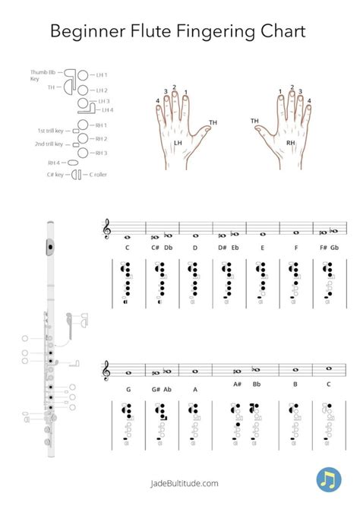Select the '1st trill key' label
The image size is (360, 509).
click(x=52, y=131)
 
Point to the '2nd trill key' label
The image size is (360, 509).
click(x=51, y=144)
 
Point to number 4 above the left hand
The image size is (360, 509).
click(x=158, y=100)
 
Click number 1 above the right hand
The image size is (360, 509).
click(x=279, y=92)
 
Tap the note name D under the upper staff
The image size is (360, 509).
click(x=195, y=248)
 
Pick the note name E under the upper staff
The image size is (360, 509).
click(x=262, y=248)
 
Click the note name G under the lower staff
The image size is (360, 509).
click(x=128, y=389)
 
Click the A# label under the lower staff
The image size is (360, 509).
click(x=237, y=384)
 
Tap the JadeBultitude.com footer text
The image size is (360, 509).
click(x=180, y=482)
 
